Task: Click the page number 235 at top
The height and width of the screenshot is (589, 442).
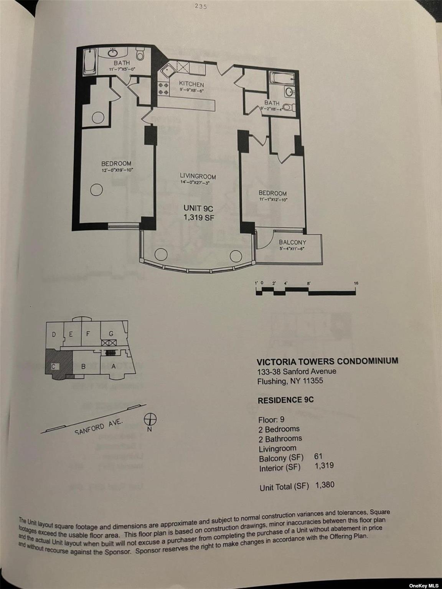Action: coord(200,7)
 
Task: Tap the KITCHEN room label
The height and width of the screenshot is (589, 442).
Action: coord(191,84)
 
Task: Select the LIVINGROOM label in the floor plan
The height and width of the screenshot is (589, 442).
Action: coord(198,176)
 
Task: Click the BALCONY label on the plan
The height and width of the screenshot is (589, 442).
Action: coord(292,242)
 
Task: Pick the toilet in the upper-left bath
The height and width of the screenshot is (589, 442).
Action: coord(140,56)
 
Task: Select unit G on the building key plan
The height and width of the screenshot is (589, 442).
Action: coord(111,334)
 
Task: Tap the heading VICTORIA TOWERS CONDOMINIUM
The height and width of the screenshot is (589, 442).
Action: coord(327,361)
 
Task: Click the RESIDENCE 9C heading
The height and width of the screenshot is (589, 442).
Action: coord(285,400)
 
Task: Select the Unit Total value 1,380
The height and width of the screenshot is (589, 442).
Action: coord(325,485)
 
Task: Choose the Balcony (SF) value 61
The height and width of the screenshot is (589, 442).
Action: coord(318,456)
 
